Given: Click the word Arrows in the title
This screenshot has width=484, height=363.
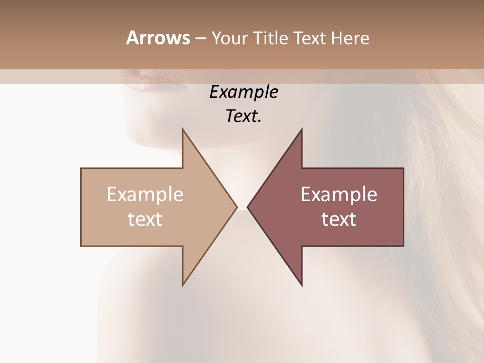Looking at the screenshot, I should point(157,38).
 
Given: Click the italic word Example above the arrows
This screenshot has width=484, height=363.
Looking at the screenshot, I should point(244,92).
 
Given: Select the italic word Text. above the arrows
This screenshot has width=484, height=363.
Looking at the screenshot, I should point(244,116).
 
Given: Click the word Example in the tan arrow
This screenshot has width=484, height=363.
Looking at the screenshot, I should point(145,195).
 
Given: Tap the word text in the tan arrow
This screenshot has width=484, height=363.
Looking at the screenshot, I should point(145,219).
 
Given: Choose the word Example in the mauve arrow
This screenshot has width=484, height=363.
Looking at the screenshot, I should point(339,195).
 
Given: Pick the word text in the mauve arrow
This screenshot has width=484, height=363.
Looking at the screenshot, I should point(339,219).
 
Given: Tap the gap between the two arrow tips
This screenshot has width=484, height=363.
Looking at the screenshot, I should point(242,207).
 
